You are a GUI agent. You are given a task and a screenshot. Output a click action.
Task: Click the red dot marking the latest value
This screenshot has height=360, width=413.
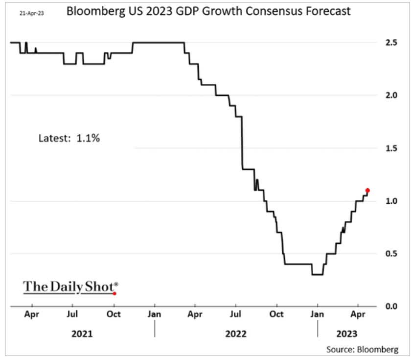pos(367,191)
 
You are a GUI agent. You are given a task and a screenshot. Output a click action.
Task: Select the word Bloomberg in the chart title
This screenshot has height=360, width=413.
pos(97,11)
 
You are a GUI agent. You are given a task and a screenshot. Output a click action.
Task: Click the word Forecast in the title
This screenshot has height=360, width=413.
pos(329,11)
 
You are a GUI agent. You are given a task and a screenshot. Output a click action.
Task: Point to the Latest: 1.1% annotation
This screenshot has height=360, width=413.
pos(69,139)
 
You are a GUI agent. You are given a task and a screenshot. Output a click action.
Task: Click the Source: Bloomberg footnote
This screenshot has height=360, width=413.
pos(362,349)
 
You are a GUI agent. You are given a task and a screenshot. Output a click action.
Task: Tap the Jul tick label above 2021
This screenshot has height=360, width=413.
pos(72,314)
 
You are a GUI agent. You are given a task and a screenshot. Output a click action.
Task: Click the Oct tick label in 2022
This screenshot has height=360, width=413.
pos(277,314)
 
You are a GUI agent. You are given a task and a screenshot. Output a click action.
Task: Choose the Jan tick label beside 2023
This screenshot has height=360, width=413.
pos(318,314)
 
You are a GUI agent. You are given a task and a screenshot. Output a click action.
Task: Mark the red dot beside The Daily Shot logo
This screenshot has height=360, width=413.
pos(115,293)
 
